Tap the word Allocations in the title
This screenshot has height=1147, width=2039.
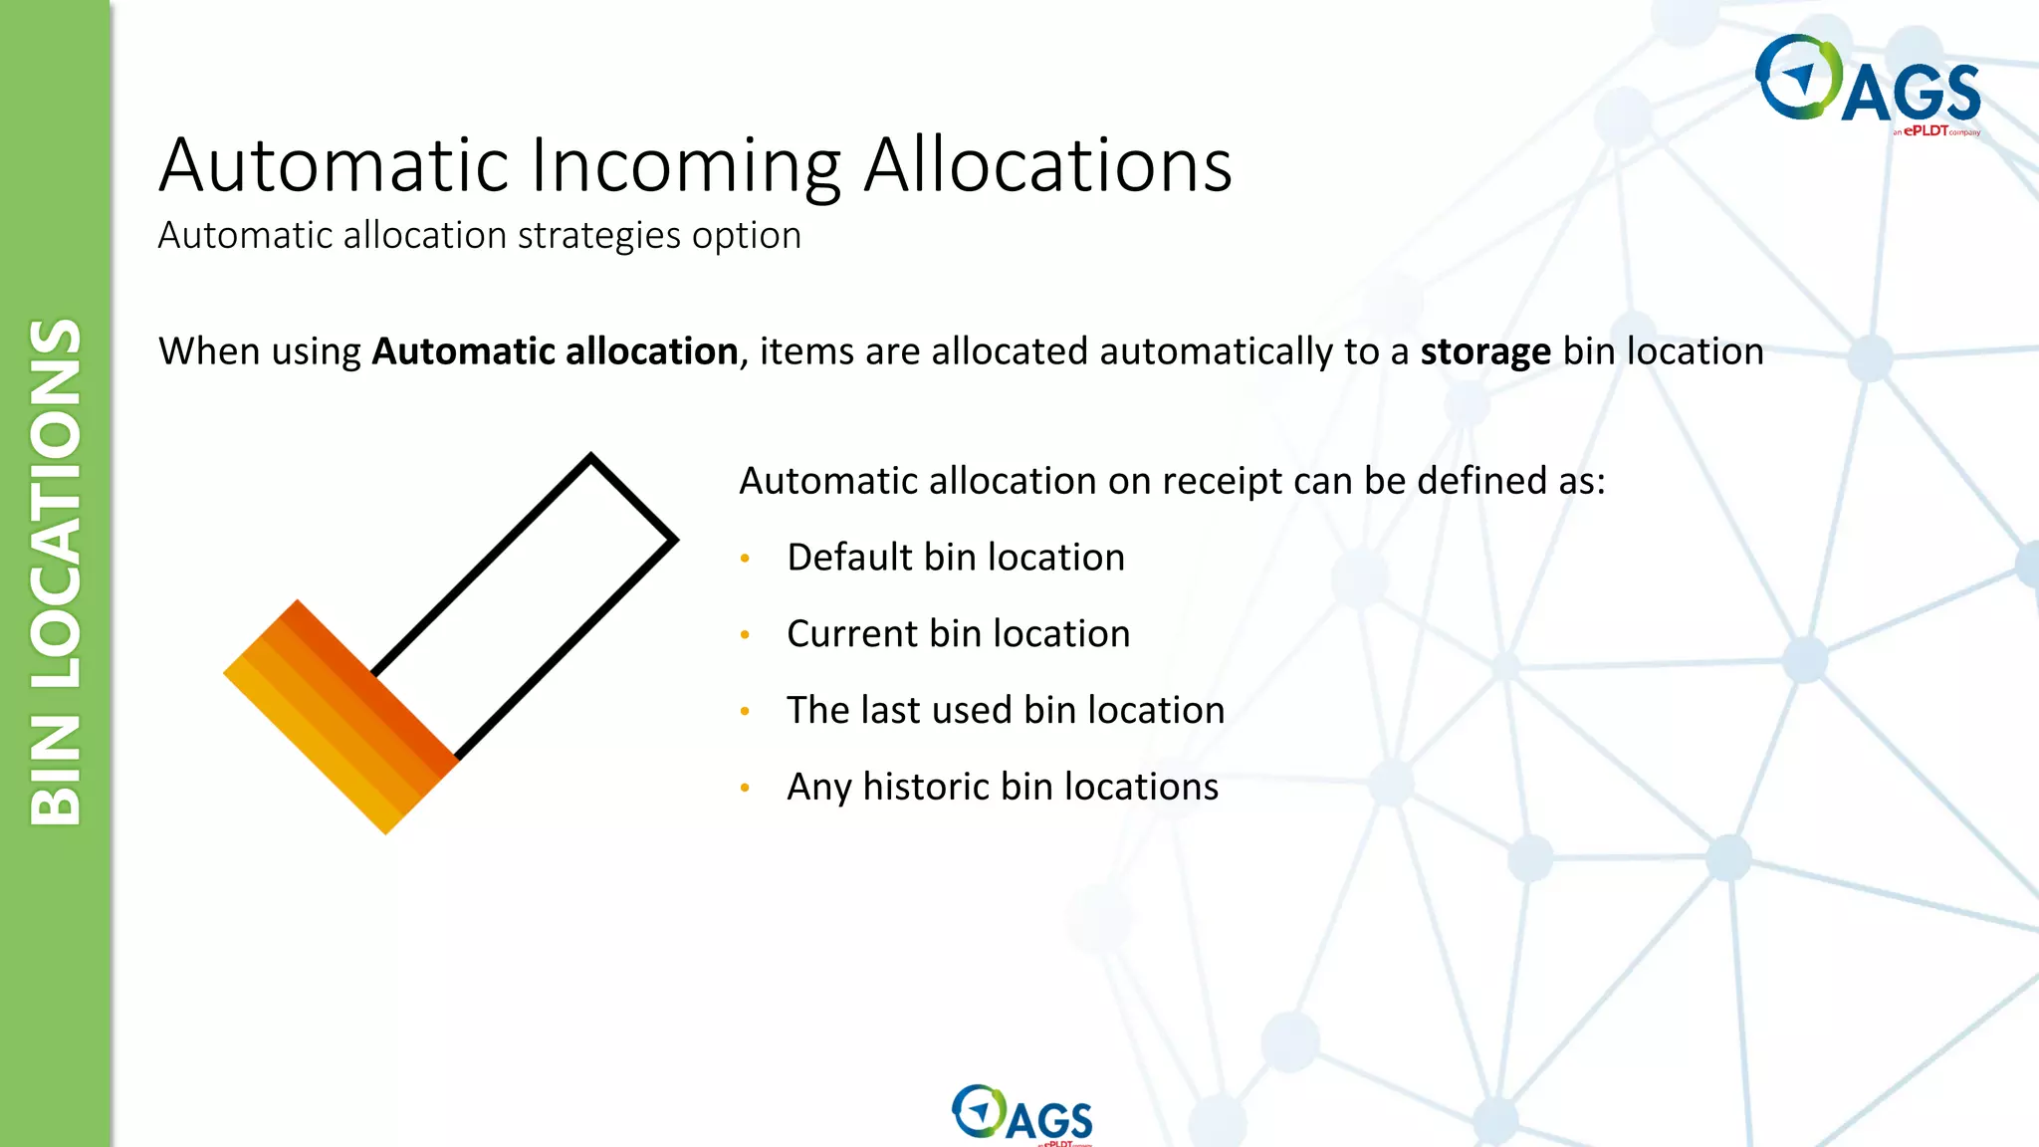pyautogui.click(x=1047, y=166)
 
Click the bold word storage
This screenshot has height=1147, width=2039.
pyautogui.click(x=1484, y=352)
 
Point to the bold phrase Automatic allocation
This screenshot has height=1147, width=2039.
pyautogui.click(x=555, y=352)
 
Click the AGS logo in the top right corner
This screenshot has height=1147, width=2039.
pyautogui.click(x=1868, y=84)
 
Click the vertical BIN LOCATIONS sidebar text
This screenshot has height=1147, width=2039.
pyautogui.click(x=56, y=573)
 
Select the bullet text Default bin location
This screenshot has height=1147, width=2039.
pyautogui.click(x=955, y=558)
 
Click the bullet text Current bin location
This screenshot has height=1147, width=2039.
pyautogui.click(x=958, y=634)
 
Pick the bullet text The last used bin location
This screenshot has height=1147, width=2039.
pyautogui.click(x=1005, y=711)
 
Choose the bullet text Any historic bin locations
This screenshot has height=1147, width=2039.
pyautogui.click(x=1002, y=788)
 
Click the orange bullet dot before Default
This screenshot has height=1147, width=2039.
pyautogui.click(x=745, y=560)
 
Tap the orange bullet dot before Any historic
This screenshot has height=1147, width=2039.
pyautogui.click(x=745, y=789)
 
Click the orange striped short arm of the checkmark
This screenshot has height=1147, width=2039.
pyautogui.click(x=339, y=717)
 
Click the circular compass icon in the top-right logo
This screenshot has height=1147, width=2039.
pyautogui.click(x=1798, y=78)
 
